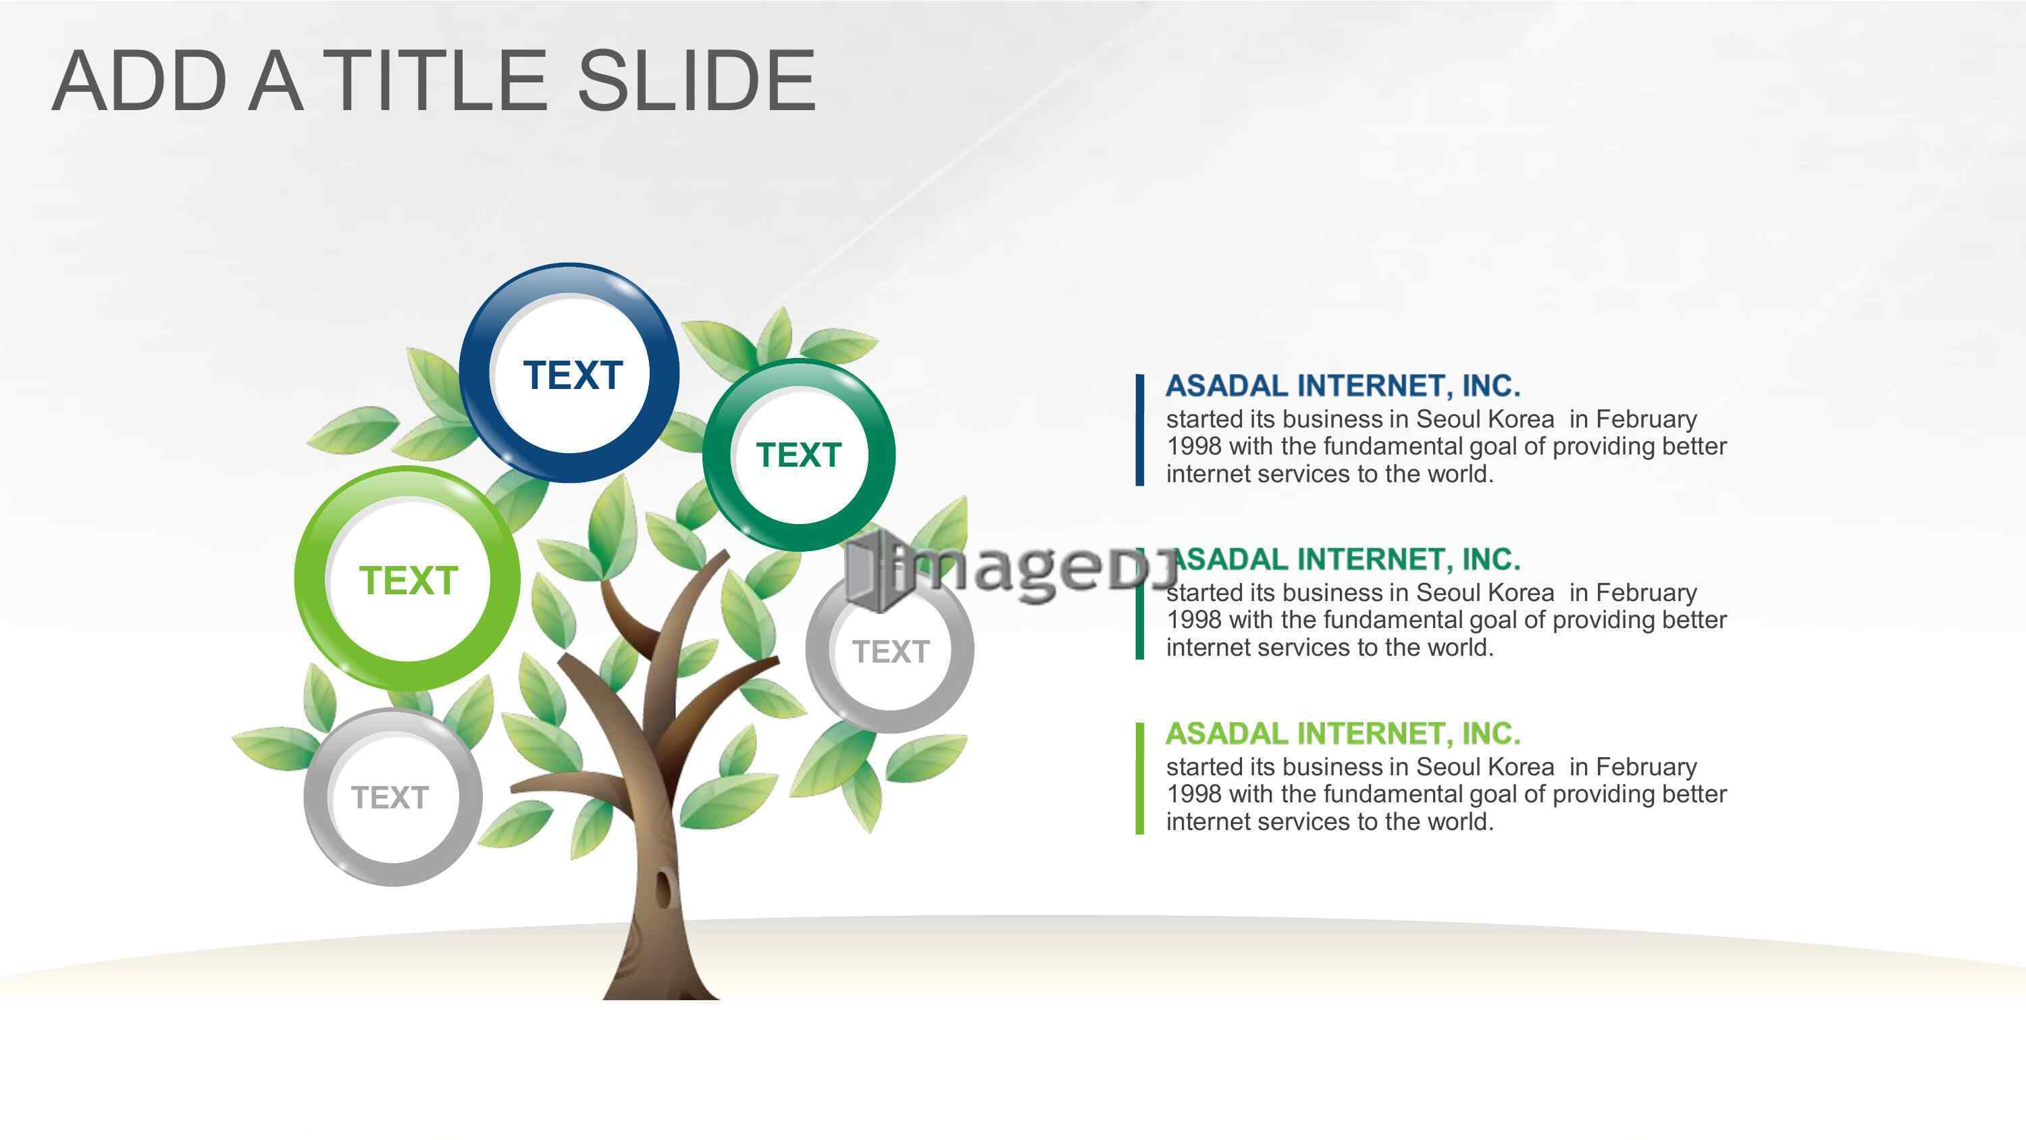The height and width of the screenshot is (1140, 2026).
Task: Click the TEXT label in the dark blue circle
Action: click(x=573, y=375)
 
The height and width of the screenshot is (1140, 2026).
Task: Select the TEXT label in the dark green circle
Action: click(x=799, y=455)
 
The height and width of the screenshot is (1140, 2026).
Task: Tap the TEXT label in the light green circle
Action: click(x=408, y=581)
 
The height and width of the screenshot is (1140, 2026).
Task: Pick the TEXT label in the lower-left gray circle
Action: click(x=390, y=797)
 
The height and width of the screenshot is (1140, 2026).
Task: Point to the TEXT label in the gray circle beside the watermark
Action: click(x=891, y=652)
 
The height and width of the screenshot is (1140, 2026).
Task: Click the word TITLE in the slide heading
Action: click(x=435, y=80)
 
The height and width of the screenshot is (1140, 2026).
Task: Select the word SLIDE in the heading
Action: click(x=697, y=80)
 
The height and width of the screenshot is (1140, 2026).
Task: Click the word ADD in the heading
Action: click(x=140, y=80)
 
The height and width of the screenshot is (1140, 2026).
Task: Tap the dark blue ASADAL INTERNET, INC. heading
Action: click(x=1343, y=386)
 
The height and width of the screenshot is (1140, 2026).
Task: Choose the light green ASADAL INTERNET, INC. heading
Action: click(x=1343, y=733)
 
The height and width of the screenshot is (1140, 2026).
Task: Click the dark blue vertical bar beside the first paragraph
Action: click(x=1140, y=430)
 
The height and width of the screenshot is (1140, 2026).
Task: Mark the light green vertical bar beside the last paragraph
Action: click(x=1140, y=777)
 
